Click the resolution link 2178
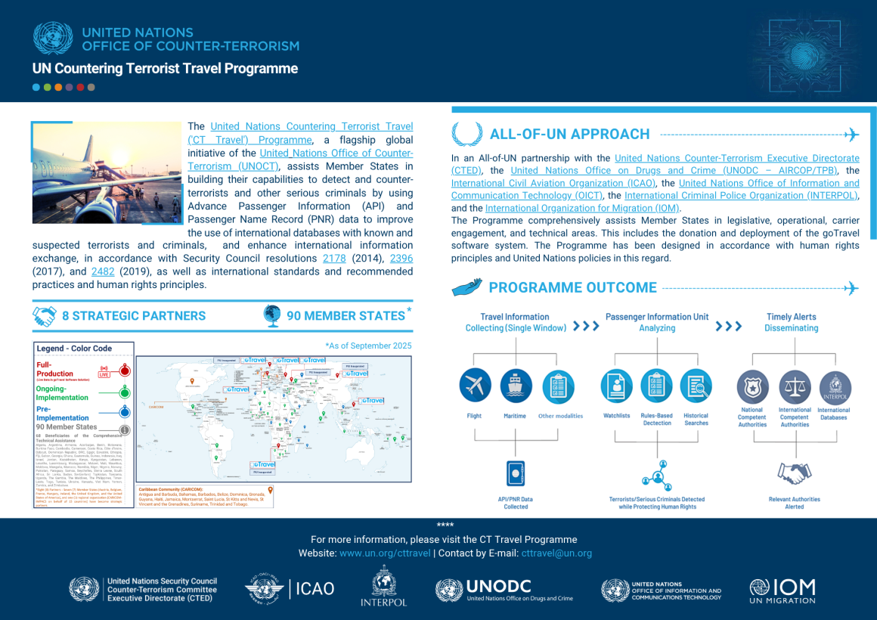(335, 259)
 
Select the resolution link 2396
(401, 259)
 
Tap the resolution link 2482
(102, 271)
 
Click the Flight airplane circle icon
(475, 386)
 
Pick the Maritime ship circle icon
(516, 386)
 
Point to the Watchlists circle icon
(617, 386)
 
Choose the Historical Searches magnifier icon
(696, 386)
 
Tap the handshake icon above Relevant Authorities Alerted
(794, 474)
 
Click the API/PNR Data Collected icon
(516, 474)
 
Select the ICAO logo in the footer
(290, 588)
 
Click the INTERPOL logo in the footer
(383, 586)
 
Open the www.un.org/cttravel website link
(385, 553)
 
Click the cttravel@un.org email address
(556, 553)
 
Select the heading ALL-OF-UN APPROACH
(569, 135)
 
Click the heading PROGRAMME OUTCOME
(572, 288)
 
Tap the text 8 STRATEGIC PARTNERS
(134, 316)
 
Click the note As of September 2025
(368, 346)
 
